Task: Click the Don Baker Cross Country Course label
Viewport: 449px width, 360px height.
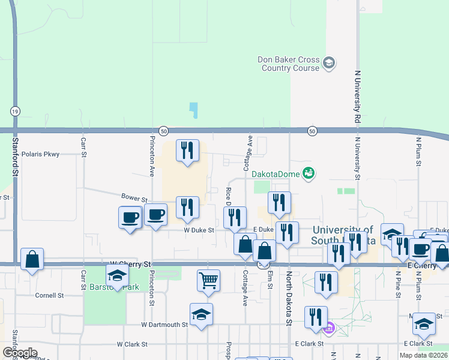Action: pyautogui.click(x=289, y=64)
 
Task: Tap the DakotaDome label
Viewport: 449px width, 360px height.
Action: pyautogui.click(x=276, y=173)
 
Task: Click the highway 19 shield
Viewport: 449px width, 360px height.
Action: pyautogui.click(x=14, y=111)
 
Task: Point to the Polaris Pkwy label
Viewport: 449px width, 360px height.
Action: pyautogui.click(x=40, y=154)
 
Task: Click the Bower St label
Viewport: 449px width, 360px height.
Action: pyautogui.click(x=134, y=198)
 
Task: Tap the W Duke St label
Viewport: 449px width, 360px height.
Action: pyautogui.click(x=199, y=229)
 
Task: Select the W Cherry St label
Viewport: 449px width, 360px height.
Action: pyautogui.click(x=131, y=263)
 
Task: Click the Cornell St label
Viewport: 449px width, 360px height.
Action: pyautogui.click(x=49, y=295)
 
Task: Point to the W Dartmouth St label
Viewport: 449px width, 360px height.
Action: pyautogui.click(x=164, y=325)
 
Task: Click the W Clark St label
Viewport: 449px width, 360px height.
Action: pyautogui.click(x=131, y=344)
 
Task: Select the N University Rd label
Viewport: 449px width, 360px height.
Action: pyautogui.click(x=357, y=97)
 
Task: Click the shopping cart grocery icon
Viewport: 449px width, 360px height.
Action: pyautogui.click(x=208, y=280)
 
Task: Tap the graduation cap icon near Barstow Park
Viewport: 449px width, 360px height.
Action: pyautogui.click(x=117, y=275)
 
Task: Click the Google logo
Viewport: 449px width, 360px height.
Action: pyautogui.click(x=20, y=353)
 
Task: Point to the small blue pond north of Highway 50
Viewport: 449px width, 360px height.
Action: pyautogui.click(x=193, y=110)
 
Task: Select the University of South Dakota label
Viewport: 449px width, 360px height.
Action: pyautogui.click(x=342, y=235)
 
